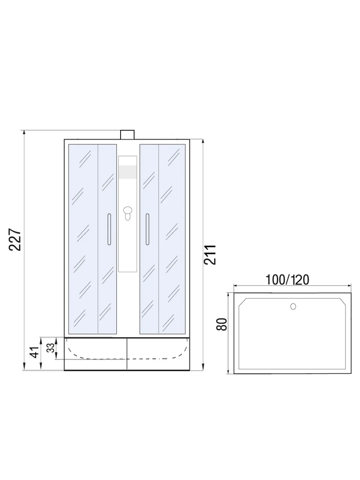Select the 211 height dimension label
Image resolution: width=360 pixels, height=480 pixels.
[210, 255]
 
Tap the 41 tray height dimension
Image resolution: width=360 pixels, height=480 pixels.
[34, 353]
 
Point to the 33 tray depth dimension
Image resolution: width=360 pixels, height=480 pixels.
[51, 347]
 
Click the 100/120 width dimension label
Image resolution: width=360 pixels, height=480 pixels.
[287, 279]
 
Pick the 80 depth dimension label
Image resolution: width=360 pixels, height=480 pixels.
[222, 324]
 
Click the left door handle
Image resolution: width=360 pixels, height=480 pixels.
[109, 229]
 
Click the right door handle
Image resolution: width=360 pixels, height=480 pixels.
[147, 229]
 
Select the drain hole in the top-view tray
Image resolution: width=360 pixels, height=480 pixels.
[293, 306]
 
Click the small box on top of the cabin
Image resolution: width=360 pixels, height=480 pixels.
[127, 134]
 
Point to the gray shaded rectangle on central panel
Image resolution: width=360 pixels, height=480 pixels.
[127, 172]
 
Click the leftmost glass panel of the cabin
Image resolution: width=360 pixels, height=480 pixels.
[83, 239]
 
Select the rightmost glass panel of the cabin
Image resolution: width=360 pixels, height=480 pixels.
[172, 239]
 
